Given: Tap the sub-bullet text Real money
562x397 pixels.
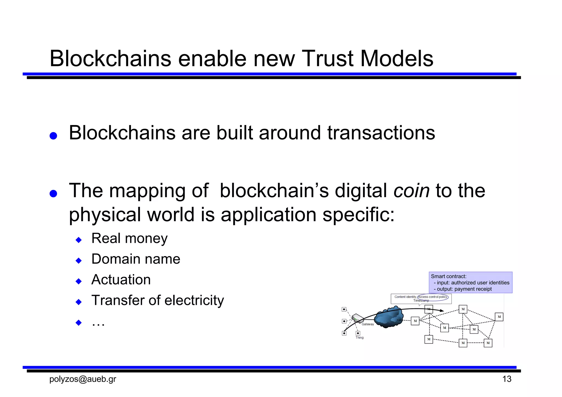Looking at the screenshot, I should (x=129, y=238).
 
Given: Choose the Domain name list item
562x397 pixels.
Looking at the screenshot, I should (x=136, y=259).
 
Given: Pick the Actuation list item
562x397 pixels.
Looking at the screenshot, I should (x=121, y=280).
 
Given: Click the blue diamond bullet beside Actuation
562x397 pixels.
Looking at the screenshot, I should (x=79, y=281).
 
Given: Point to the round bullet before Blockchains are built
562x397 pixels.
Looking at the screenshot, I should (x=53, y=136).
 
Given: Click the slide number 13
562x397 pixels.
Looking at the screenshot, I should (x=507, y=379).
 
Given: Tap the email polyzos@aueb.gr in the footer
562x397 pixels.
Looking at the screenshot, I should (x=83, y=379).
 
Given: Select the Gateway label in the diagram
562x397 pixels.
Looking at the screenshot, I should (x=368, y=324).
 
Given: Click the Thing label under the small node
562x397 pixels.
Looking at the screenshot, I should (x=359, y=338).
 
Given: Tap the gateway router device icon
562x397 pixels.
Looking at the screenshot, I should (x=358, y=318).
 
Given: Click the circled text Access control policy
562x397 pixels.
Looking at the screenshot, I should (x=432, y=297).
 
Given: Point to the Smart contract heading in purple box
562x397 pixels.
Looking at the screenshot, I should (x=448, y=276).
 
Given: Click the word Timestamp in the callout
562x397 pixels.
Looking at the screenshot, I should (x=421, y=301).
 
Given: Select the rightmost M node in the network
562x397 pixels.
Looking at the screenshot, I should (x=499, y=317).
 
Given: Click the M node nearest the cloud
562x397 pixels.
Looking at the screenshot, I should (x=415, y=321).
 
